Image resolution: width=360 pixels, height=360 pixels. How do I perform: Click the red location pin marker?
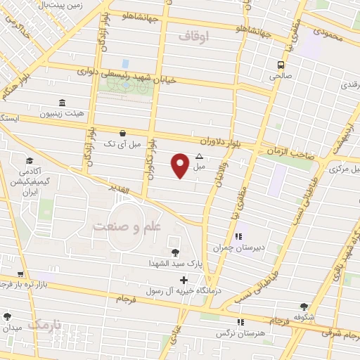(181, 165)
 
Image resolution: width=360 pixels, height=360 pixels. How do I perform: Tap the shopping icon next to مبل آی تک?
(124, 133)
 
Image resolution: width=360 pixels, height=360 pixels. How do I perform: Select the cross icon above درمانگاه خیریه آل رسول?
(184, 281)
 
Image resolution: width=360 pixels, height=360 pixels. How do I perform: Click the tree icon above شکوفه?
(304, 307)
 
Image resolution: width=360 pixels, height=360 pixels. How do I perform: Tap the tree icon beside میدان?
(8, 317)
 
